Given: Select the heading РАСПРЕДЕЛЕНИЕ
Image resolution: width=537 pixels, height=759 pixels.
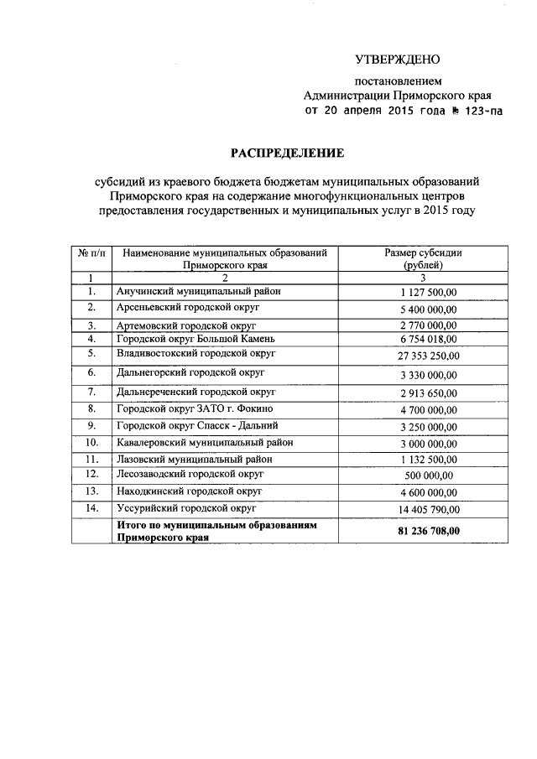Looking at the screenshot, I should click(276, 153).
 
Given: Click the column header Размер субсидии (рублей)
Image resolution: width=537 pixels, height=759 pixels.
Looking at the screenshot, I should click(424, 258).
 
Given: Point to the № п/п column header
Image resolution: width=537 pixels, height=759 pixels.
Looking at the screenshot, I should click(91, 252).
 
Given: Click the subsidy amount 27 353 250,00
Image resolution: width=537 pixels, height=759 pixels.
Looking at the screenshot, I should click(424, 356).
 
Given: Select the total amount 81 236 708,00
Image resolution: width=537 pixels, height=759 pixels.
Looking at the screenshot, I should click(424, 531).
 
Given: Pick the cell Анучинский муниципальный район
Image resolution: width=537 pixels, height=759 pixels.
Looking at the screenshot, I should click(198, 291).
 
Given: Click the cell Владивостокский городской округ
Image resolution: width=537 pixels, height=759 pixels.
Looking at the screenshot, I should click(197, 353).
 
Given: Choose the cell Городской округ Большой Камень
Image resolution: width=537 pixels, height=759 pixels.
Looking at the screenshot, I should click(195, 339).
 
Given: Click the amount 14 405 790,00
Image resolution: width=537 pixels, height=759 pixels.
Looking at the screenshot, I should click(424, 510).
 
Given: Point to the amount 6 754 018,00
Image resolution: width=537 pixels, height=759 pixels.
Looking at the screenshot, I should click(424, 340).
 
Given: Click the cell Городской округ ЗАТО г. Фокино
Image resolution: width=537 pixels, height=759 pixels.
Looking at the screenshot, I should click(195, 408).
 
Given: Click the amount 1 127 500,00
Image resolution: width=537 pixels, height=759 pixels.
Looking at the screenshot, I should click(424, 292).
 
